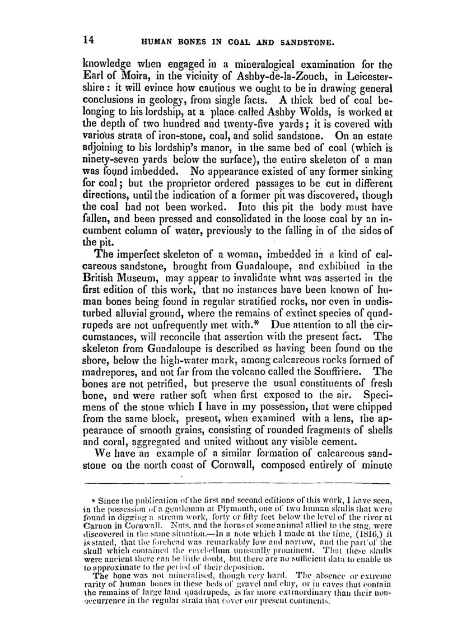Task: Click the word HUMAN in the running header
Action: (160, 41)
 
